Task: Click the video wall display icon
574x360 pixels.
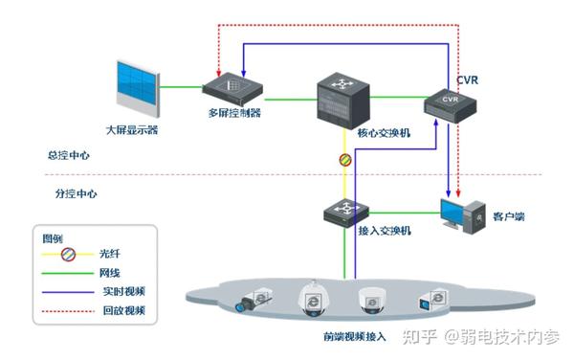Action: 136,88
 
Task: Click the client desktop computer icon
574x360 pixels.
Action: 460,216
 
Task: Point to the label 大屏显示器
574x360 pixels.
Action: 132,128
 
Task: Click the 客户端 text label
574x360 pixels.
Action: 509,217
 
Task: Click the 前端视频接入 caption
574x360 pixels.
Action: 355,337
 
